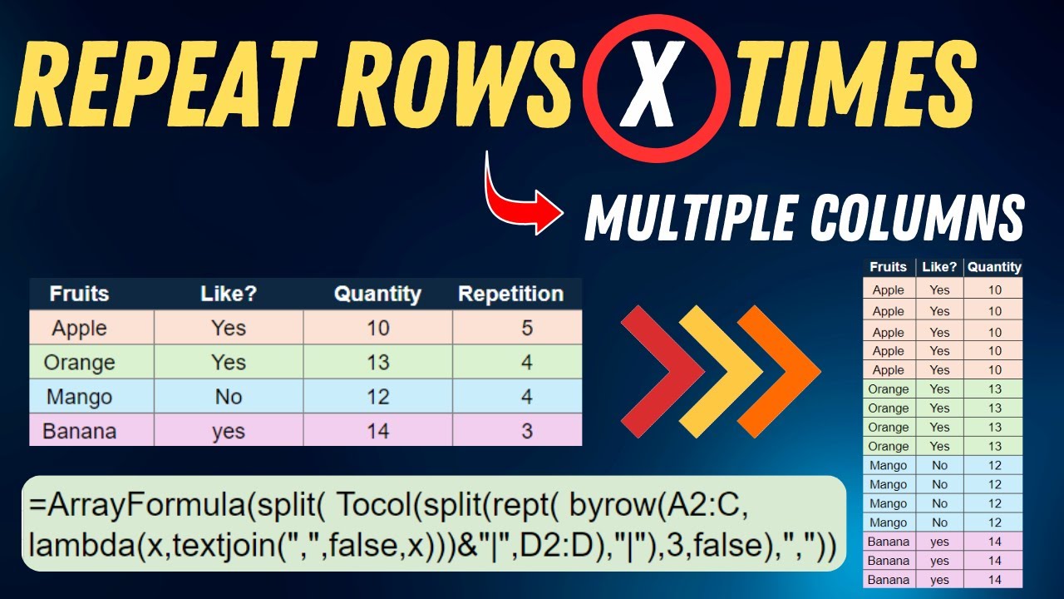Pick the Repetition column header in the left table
point(510,294)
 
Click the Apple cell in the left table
point(79,328)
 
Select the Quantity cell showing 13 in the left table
point(377,363)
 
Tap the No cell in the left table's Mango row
point(228,397)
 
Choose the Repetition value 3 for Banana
point(527,431)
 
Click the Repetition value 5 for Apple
point(527,328)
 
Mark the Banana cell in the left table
point(79,431)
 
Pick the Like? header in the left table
point(228,294)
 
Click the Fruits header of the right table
point(888,267)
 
